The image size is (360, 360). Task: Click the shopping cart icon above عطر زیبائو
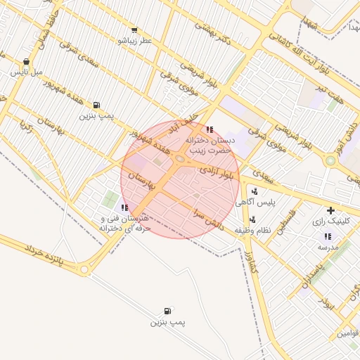134,30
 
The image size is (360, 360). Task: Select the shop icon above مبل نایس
27,61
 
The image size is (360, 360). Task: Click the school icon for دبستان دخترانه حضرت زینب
210,129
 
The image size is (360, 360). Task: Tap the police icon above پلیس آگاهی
253,190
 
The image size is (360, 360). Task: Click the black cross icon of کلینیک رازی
330,210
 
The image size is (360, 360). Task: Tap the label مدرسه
328,247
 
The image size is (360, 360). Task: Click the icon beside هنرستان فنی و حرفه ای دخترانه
124,207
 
